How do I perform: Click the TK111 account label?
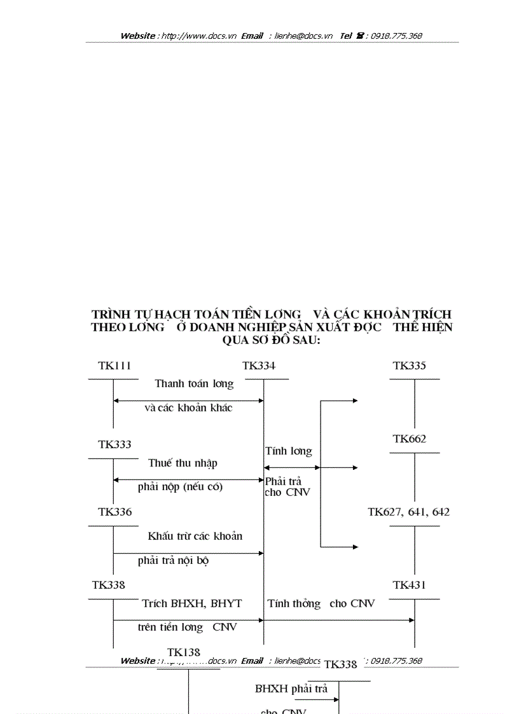(114, 366)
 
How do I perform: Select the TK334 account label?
(259, 366)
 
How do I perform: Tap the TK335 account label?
(410, 366)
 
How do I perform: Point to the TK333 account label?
(114, 444)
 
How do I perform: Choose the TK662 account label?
(410, 439)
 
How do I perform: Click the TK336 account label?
(114, 512)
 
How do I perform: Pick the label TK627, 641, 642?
(408, 512)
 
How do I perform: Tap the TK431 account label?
(410, 585)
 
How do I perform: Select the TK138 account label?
(184, 652)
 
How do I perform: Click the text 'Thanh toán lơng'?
(194, 383)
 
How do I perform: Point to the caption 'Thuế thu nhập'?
(183, 463)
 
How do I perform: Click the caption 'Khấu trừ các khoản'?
(195, 536)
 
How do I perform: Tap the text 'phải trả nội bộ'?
(173, 561)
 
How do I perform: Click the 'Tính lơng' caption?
(288, 451)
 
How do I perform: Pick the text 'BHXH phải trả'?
(291, 689)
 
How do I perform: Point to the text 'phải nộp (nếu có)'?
(180, 488)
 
